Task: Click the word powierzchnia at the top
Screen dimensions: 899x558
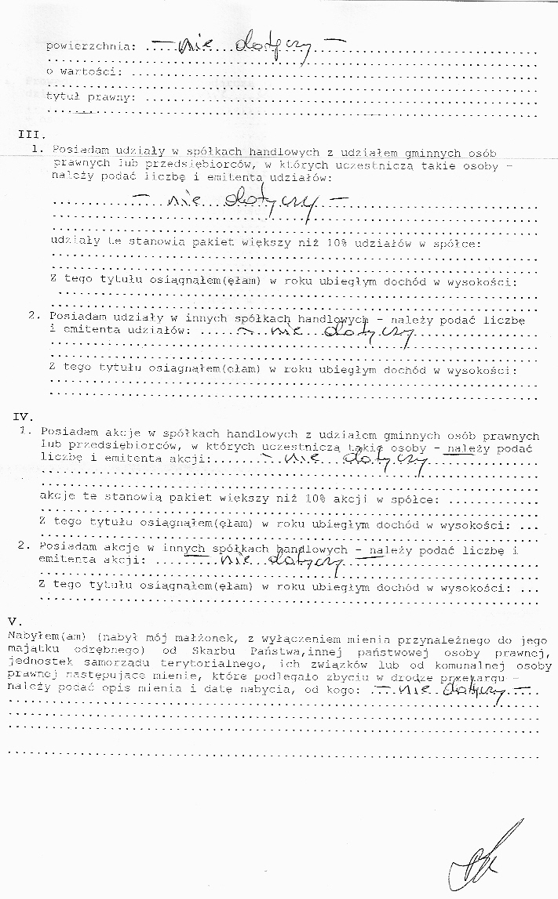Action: coord(89,45)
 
